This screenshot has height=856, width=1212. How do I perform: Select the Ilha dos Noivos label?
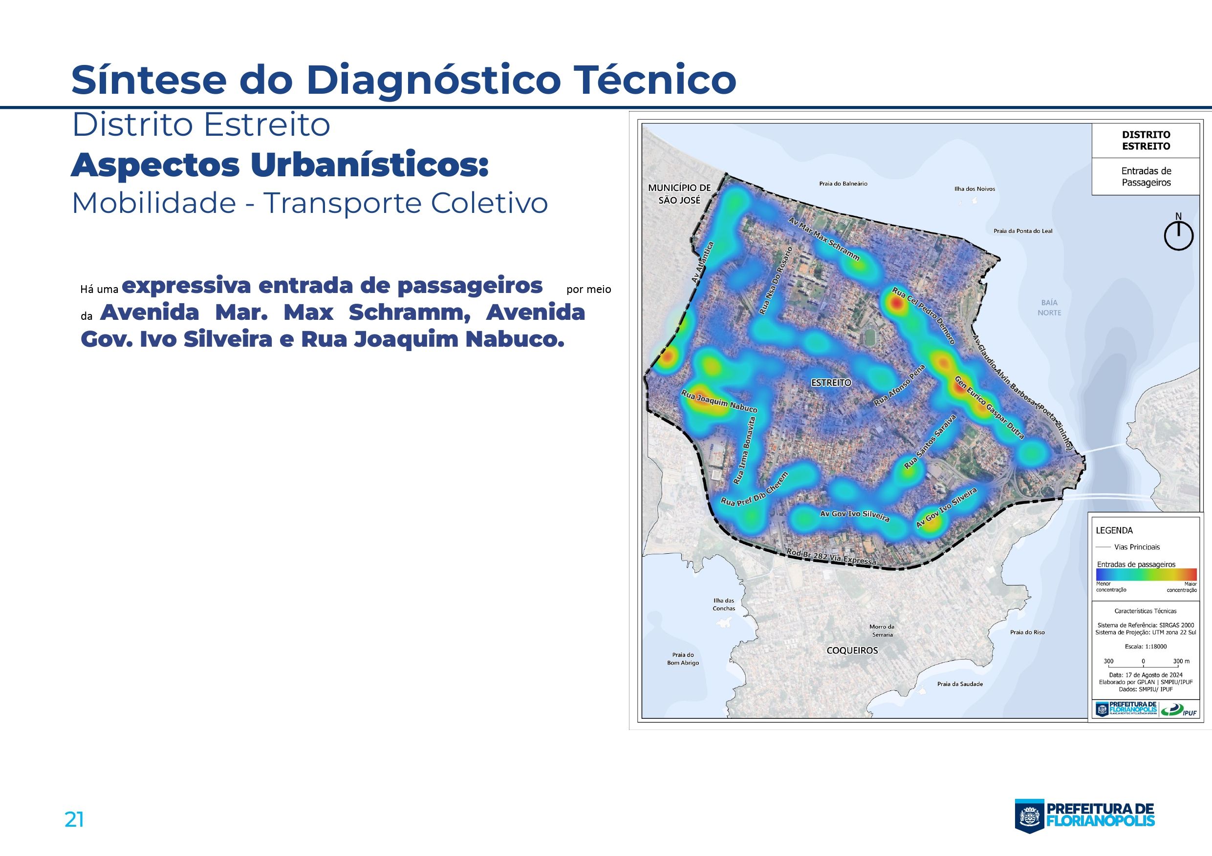coord(974,188)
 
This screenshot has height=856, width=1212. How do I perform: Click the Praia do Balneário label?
coord(843,184)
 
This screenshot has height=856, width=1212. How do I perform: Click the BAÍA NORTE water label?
coord(1049,308)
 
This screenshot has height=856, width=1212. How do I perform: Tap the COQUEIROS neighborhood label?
coord(852,650)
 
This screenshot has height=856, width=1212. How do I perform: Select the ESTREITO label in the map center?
coord(831,382)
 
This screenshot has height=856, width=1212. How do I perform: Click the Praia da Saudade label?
coord(960,684)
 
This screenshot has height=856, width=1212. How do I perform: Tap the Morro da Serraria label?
coord(882,631)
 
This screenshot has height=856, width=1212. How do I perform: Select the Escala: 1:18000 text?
coord(1145,646)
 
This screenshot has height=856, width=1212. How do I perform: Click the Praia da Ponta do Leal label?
coord(1023,231)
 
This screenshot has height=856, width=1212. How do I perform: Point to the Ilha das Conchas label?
coord(724,605)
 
